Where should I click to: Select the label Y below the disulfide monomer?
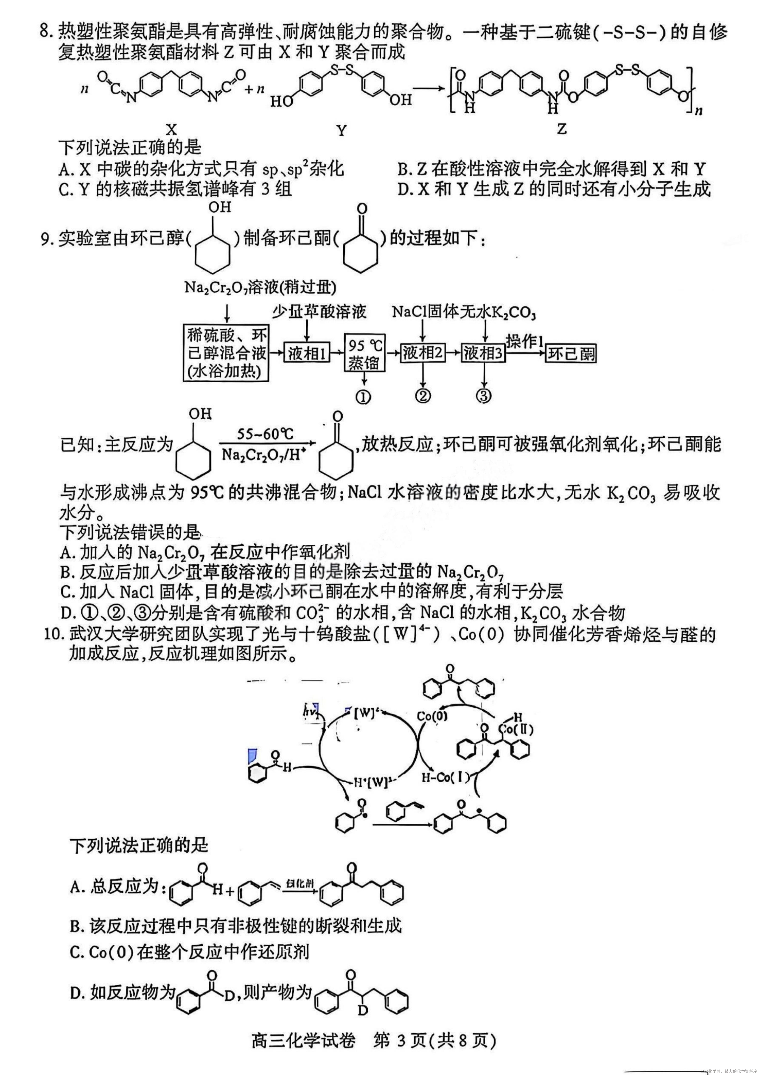coord(341,131)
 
